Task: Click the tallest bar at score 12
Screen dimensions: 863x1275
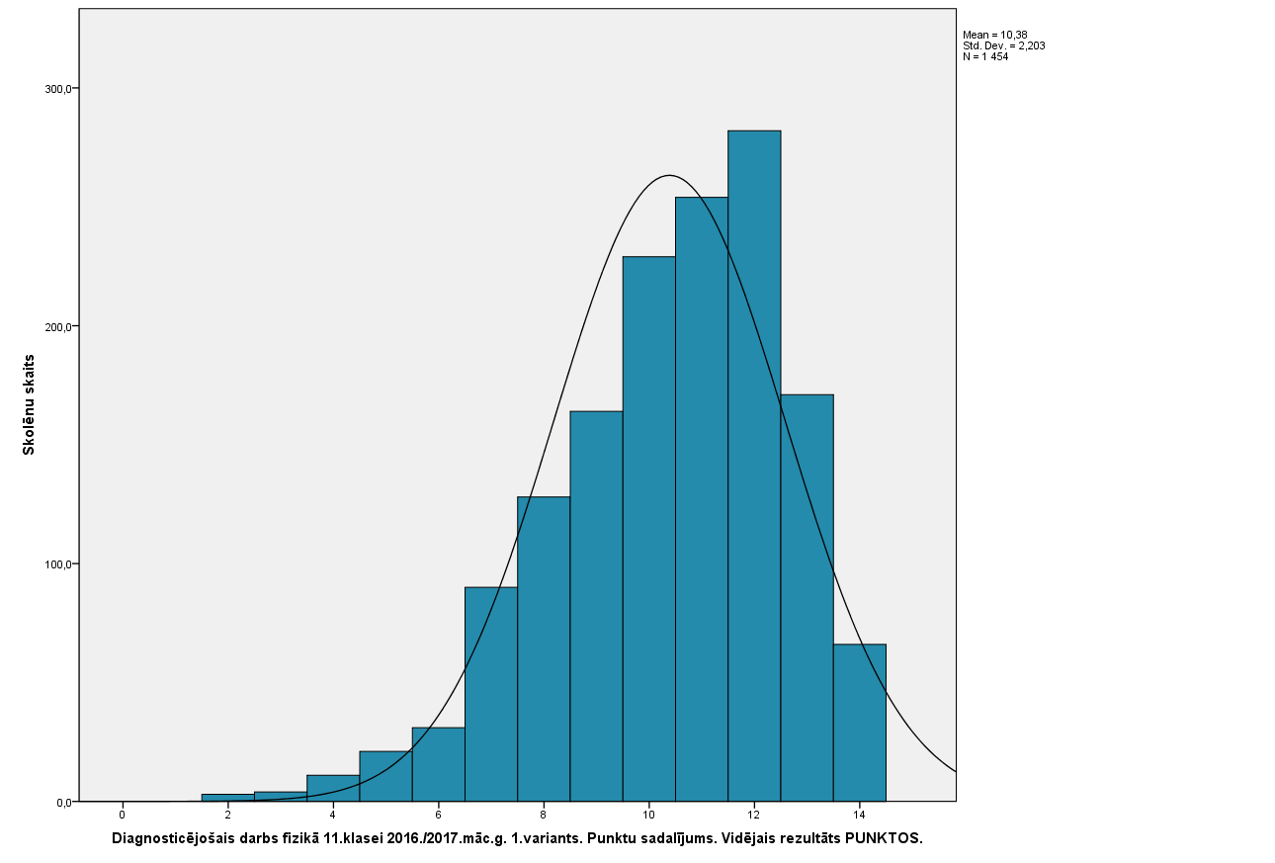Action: pos(754,465)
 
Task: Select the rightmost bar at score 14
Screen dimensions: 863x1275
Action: pos(859,722)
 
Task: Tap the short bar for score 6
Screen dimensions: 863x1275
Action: pos(438,764)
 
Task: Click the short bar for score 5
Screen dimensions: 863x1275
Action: pos(385,776)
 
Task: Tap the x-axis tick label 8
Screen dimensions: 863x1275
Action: pos(544,815)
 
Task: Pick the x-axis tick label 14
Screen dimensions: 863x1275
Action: pos(859,815)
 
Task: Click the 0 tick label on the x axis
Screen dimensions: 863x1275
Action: pos(123,815)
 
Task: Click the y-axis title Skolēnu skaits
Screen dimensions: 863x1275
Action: pos(30,404)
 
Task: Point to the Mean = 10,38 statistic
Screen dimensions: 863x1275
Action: pos(994,35)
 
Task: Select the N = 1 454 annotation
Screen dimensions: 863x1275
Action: pos(985,56)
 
